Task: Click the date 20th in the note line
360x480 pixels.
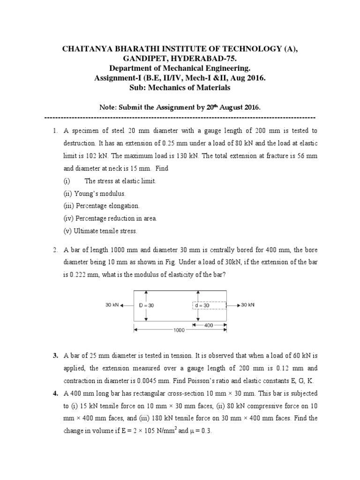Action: [213, 107]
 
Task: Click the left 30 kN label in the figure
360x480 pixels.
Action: [112, 305]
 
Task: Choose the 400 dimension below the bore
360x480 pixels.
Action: [209, 324]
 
